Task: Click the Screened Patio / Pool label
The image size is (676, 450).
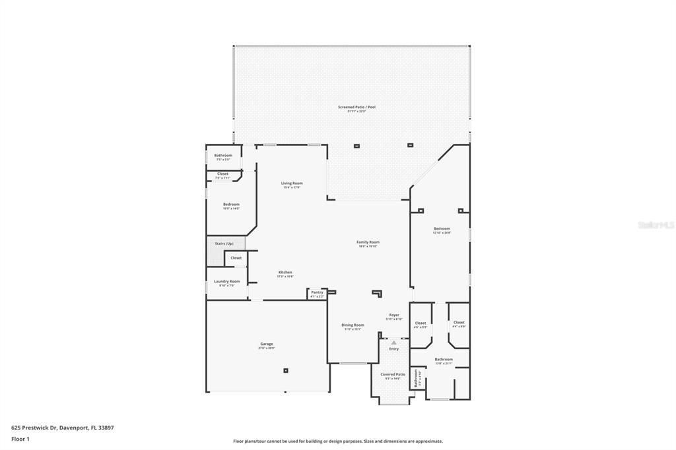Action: [356, 107]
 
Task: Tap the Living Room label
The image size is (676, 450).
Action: [291, 183]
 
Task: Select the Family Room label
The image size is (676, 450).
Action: [368, 242]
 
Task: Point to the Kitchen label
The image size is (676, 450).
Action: [285, 273]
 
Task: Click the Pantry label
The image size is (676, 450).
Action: [317, 292]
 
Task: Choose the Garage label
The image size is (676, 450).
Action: [266, 344]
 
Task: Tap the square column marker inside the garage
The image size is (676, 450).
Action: [286, 370]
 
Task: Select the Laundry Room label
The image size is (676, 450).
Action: [226, 281]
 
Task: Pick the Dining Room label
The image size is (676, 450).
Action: [353, 325]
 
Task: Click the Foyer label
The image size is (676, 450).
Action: [394, 315]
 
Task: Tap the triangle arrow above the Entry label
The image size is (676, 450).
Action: [393, 342]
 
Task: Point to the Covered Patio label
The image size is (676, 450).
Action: [393, 374]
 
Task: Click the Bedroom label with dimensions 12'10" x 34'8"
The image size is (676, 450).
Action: [442, 229]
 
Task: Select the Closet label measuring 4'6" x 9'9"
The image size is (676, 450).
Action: [421, 323]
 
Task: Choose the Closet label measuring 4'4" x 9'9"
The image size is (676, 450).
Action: [459, 323]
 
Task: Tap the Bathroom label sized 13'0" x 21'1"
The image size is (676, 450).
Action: [444, 360]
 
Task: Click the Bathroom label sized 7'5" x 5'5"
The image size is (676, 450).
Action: [223, 156]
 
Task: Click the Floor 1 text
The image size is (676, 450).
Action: [20, 439]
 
